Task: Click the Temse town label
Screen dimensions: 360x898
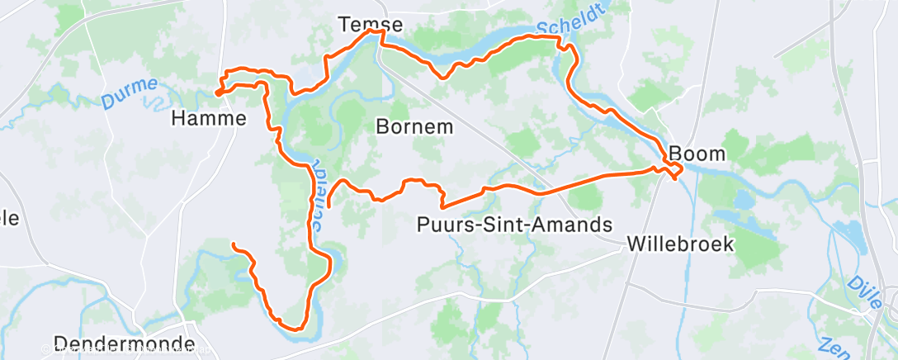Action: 371,26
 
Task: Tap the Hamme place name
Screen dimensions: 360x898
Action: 209,119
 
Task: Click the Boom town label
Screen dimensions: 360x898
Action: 697,154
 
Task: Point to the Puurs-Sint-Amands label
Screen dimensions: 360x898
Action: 515,224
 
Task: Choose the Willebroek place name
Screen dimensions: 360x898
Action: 680,244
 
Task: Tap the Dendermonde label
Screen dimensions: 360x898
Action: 124,343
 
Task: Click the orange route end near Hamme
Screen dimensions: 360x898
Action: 220,92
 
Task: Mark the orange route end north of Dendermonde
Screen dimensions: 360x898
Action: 234,245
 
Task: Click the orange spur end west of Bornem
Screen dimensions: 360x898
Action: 329,203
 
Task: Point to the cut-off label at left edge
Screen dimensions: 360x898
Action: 8,220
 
